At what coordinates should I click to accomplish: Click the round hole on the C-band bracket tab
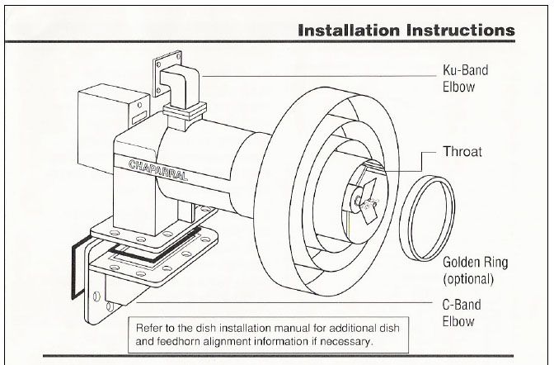point(97,296)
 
